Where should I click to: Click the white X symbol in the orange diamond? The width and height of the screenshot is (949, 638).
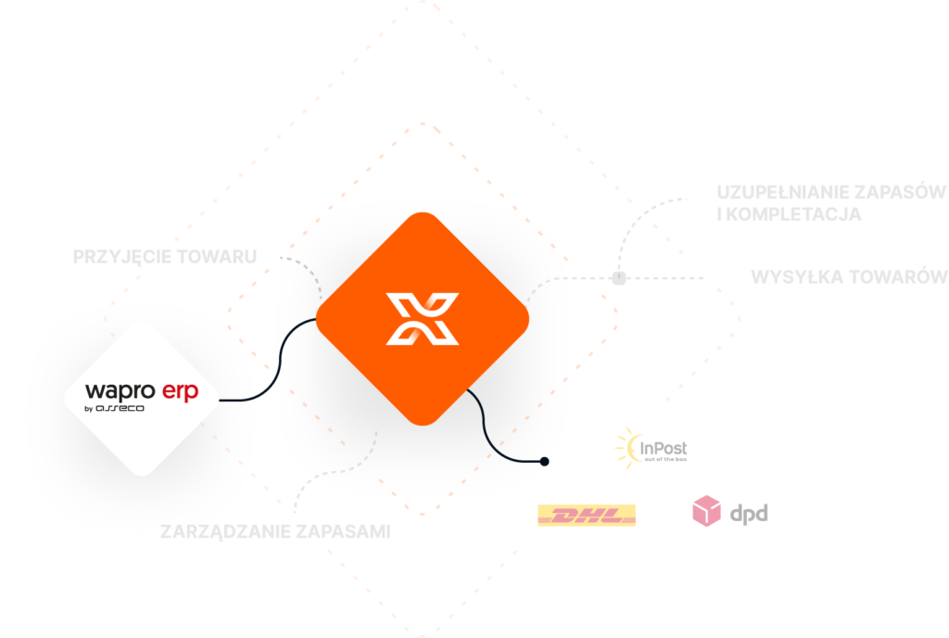pos(423,319)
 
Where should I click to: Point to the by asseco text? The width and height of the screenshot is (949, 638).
pos(114,408)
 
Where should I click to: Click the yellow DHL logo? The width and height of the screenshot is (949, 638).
pos(587,516)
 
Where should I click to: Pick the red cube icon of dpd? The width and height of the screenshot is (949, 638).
pos(707,511)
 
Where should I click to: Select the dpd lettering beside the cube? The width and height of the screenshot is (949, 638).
pos(749,513)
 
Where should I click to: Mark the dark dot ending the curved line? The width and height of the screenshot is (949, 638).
pos(545,461)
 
